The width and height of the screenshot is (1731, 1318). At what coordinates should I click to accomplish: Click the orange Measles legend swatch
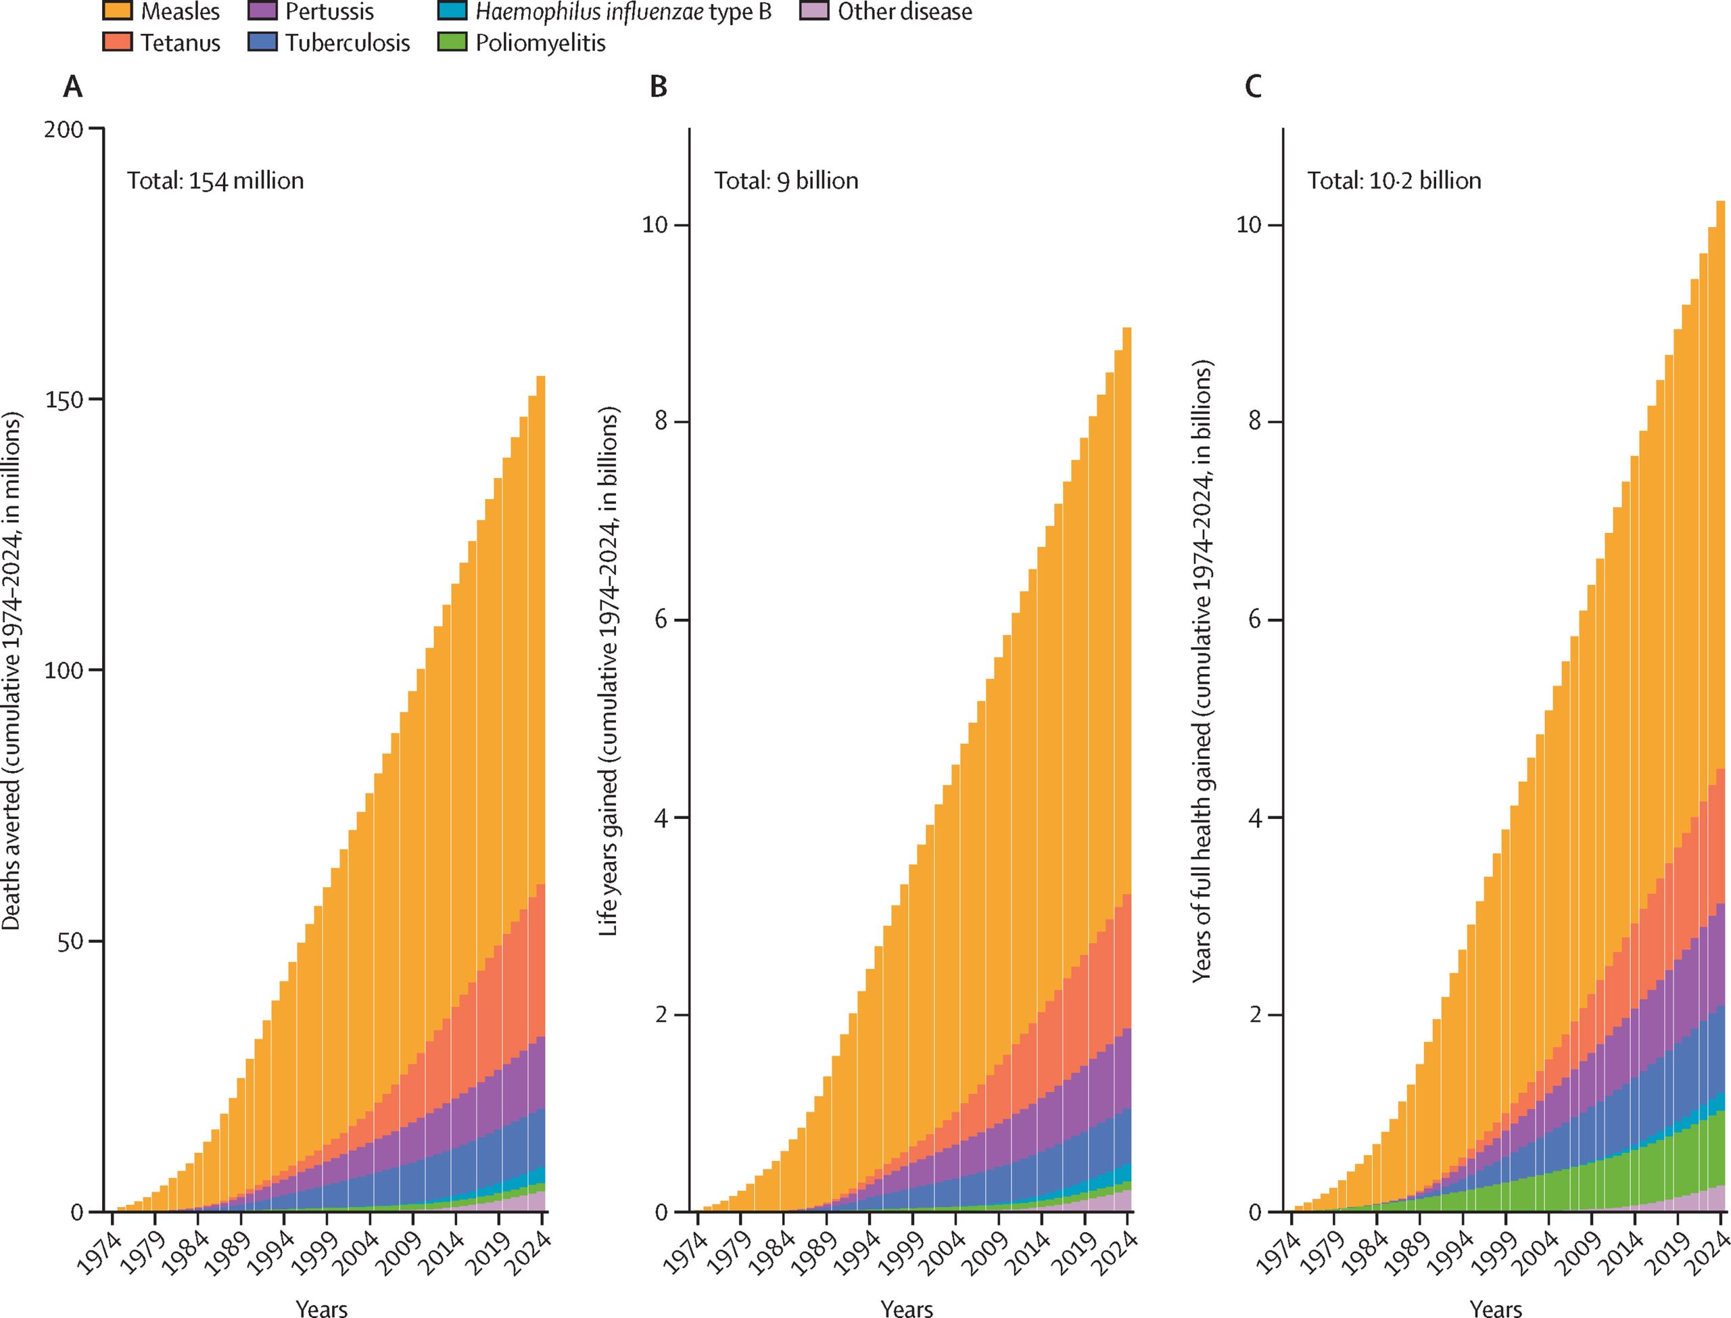[117, 11]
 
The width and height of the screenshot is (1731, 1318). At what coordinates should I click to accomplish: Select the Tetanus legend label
[180, 43]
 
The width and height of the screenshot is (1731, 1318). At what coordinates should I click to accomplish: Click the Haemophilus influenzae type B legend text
[623, 11]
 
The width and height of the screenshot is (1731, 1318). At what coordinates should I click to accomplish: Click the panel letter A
[72, 87]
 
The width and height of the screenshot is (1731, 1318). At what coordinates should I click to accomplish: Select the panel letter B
[658, 87]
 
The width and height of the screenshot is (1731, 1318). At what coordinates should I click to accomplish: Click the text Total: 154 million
[215, 181]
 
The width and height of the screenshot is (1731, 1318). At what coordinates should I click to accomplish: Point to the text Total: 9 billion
[786, 181]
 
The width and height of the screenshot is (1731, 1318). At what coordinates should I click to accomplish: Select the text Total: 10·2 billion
[1394, 181]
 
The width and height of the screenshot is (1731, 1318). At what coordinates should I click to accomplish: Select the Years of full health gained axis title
[1202, 672]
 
